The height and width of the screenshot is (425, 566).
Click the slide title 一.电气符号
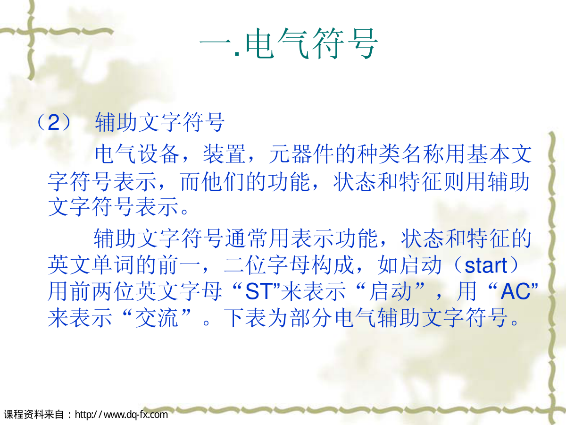click(x=289, y=43)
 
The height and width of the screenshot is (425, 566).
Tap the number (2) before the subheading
click(x=54, y=122)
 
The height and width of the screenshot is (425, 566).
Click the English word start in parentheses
click(x=486, y=266)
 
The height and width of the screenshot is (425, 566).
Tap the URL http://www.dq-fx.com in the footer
click(x=121, y=415)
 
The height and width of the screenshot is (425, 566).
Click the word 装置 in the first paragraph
click(x=225, y=154)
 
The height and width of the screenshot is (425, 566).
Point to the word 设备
click(x=158, y=154)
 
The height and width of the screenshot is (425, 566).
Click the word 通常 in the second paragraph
click(x=247, y=238)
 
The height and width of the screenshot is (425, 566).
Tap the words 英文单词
click(x=92, y=265)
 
